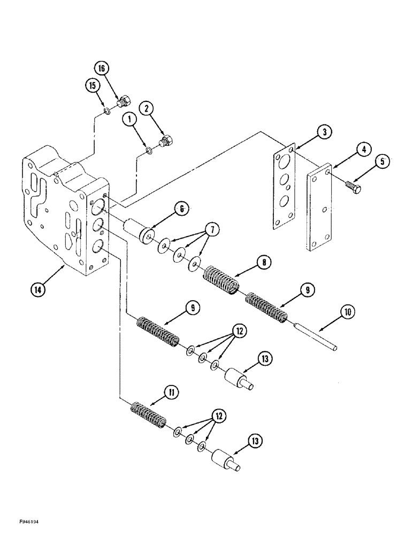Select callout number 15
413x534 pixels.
pyautogui.click(x=91, y=85)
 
